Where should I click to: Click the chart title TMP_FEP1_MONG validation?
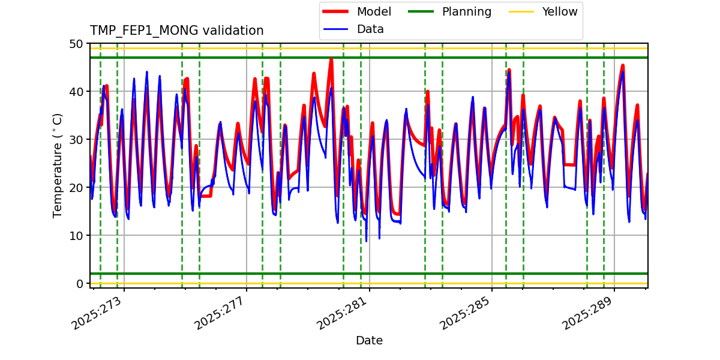pos(176,31)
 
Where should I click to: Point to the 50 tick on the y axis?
pos(77,44)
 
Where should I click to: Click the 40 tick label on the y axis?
pos(77,92)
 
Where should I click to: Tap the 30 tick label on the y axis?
pos(77,140)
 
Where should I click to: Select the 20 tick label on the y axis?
pos(77,188)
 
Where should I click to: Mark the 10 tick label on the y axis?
pos(77,236)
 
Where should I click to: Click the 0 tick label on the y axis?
pos(80,284)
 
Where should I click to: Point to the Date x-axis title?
pos(369,341)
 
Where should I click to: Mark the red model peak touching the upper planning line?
pos(331,59)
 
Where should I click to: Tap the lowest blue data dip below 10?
pos(366,241)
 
